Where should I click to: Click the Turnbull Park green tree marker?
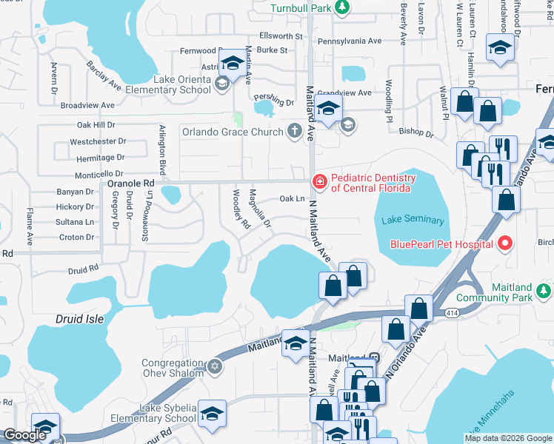[x=341, y=7]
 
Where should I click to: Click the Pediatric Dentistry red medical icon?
[x=319, y=181]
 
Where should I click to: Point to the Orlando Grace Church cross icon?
[x=295, y=132]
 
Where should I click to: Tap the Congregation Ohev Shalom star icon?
[x=215, y=366]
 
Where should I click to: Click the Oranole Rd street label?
[x=131, y=183]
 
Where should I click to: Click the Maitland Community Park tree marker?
[x=545, y=289]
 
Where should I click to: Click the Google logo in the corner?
[x=24, y=435]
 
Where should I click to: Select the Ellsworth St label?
[x=281, y=36]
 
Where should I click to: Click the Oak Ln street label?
[x=293, y=198]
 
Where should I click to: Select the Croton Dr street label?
[x=76, y=238]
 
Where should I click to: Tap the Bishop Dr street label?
[x=416, y=133]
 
